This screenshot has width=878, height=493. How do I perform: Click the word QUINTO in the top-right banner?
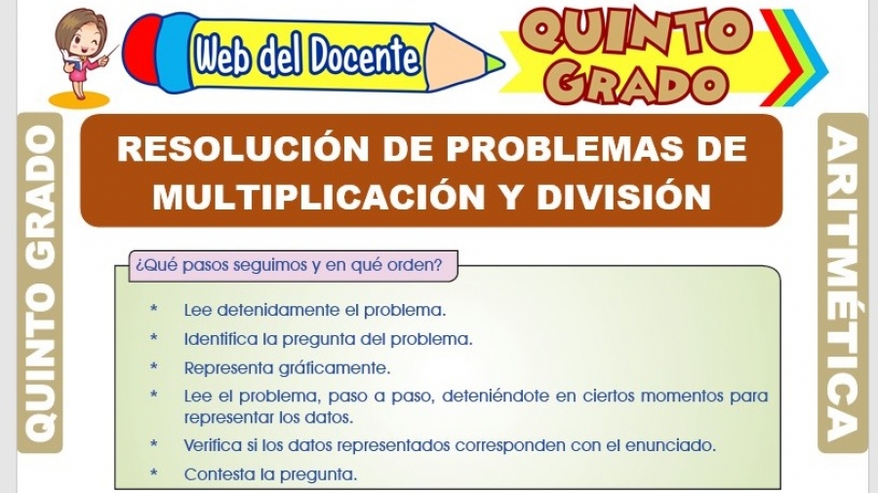point(634,33)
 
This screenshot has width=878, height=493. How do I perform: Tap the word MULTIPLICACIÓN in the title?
point(319,197)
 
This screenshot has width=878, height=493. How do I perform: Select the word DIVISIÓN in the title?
point(623,197)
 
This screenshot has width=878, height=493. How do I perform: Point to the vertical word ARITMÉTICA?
point(843,284)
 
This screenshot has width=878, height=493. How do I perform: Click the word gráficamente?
point(335,368)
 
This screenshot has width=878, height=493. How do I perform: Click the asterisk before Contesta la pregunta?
point(154,473)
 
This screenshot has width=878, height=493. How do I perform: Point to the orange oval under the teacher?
point(79,99)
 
